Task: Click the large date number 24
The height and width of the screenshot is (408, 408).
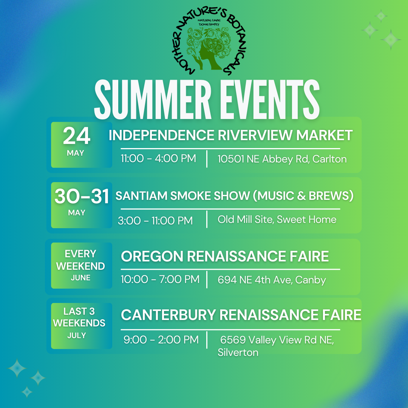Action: (x=76, y=136)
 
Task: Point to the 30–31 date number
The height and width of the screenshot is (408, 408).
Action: (x=82, y=196)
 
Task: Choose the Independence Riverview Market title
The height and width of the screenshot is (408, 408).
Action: (x=230, y=135)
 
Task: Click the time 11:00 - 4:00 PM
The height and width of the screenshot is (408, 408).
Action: (x=158, y=158)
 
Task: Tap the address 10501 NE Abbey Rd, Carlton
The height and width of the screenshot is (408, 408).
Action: (x=282, y=159)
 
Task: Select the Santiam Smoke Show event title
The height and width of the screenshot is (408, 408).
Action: (x=235, y=196)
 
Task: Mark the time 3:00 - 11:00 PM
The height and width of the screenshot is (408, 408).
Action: (x=155, y=221)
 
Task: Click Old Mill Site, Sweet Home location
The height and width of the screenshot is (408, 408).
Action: (x=277, y=219)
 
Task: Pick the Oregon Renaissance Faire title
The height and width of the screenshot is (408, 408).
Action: (x=225, y=256)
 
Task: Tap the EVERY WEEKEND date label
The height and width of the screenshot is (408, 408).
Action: (x=80, y=260)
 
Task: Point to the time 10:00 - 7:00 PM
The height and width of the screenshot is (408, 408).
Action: (x=160, y=279)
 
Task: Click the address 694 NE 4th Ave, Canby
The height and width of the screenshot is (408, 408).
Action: (x=272, y=280)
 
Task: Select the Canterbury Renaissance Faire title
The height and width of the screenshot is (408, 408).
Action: (x=241, y=315)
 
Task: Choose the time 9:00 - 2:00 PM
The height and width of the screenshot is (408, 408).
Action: (x=161, y=340)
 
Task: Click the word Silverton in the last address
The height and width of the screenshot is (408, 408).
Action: (x=238, y=352)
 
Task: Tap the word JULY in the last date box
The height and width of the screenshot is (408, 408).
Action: (x=76, y=335)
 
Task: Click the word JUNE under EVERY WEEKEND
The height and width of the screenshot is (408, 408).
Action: (x=80, y=278)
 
